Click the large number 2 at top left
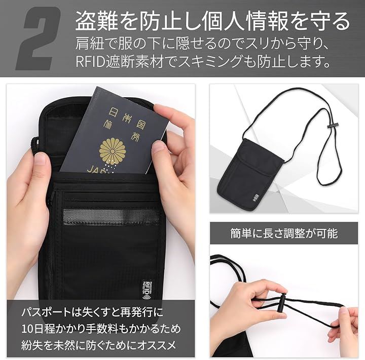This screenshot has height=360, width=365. pyautogui.click(x=39, y=38)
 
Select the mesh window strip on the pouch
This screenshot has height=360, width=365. pyautogui.click(x=111, y=217)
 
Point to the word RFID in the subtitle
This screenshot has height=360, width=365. pyautogui.click(x=90, y=62)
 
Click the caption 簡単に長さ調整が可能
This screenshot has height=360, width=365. pyautogui.click(x=284, y=233)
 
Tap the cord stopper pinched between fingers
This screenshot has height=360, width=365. pyautogui.click(x=281, y=304)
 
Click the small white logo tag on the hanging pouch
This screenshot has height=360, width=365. pyautogui.click(x=254, y=197)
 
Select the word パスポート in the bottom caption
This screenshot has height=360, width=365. pyautogui.click(x=46, y=312)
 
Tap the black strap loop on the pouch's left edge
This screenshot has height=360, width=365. pyautogui.click(x=34, y=145)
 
